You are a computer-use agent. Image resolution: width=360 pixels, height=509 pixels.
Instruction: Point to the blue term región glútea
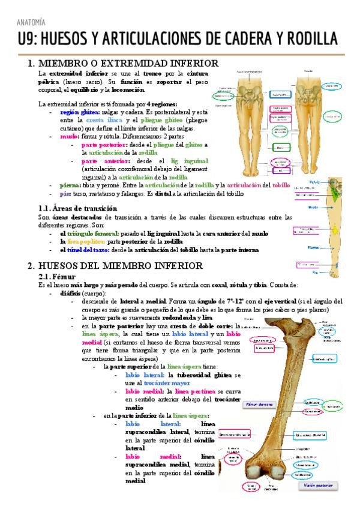point(80,112)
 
